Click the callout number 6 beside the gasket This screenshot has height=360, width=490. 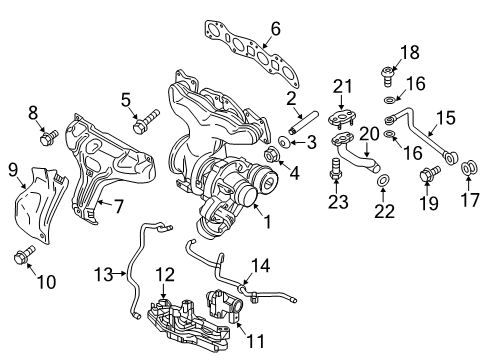tap(275, 29)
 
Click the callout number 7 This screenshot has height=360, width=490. tap(118, 207)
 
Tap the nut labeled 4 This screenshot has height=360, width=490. tap(271, 155)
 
